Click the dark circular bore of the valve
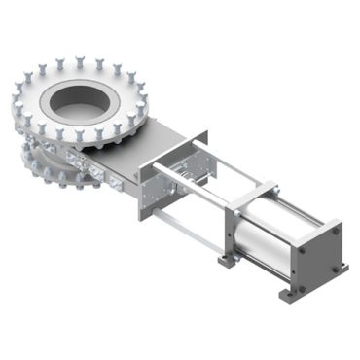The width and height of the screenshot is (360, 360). [x=90, y=97]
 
